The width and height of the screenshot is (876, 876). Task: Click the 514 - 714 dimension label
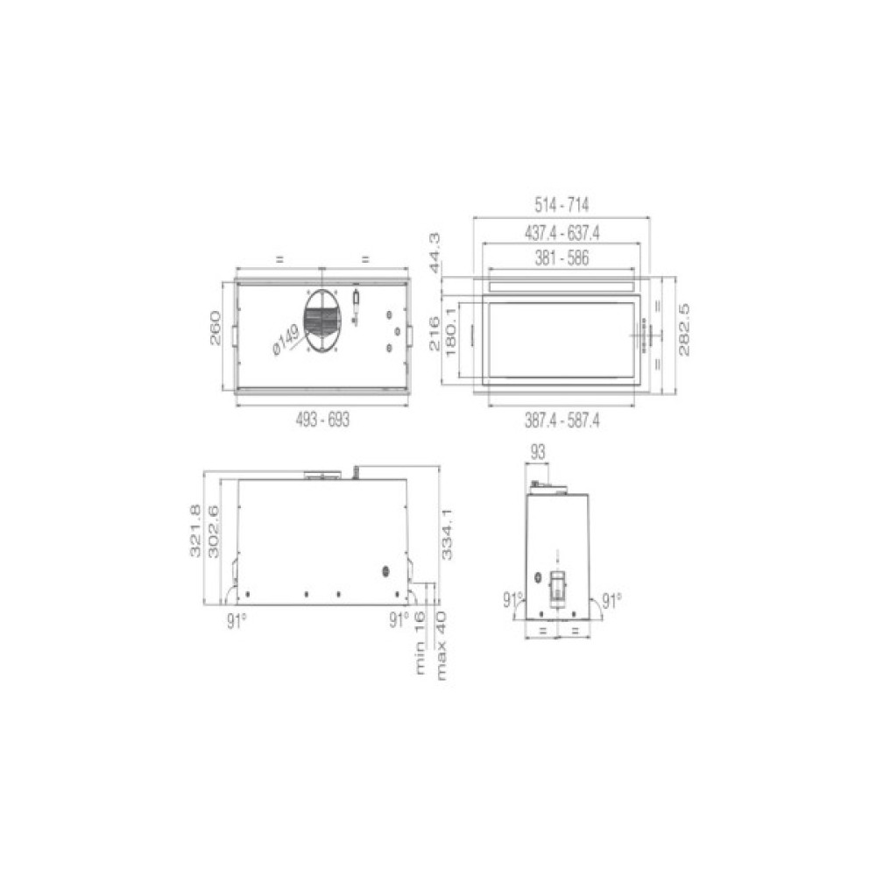(x=562, y=204)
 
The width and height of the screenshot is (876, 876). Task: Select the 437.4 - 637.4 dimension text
(x=562, y=232)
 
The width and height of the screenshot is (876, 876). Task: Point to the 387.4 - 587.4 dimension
(x=562, y=420)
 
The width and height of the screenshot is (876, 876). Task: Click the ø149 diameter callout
(x=285, y=339)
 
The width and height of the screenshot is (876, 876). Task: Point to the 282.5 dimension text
(x=685, y=329)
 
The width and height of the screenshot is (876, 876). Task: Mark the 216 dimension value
(x=434, y=334)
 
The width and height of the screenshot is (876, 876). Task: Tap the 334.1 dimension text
(x=449, y=535)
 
